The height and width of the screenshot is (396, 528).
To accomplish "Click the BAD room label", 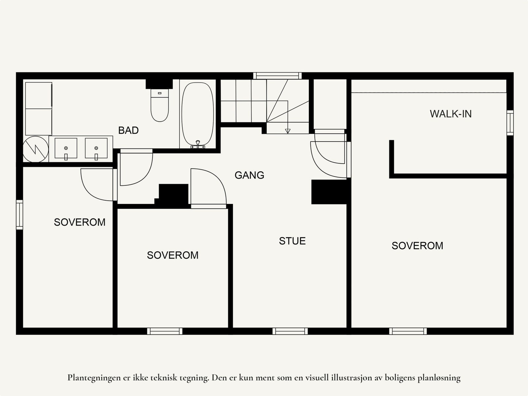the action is (x=128, y=130).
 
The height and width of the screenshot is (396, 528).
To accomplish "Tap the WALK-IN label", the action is (x=450, y=114).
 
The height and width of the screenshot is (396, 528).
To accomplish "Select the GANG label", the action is (x=249, y=175).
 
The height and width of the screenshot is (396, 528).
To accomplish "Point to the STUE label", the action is (x=292, y=241).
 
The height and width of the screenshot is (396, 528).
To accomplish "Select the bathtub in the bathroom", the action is (x=197, y=115).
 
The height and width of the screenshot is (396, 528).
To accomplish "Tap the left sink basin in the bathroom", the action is (x=66, y=148).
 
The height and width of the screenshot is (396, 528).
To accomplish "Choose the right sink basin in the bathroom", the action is (x=96, y=148).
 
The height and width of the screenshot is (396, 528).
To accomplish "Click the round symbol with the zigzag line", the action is (x=36, y=149).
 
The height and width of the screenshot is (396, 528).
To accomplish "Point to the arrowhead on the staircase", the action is (x=288, y=131).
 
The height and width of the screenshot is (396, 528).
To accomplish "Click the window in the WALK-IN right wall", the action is (x=510, y=123).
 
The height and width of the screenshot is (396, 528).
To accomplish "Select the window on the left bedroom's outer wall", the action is (x=19, y=215).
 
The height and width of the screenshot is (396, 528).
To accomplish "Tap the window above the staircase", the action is (x=277, y=76).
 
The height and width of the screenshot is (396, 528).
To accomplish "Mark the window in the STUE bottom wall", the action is (x=290, y=331).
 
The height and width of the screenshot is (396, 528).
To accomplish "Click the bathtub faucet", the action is (x=198, y=144).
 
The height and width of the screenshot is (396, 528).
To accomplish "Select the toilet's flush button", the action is (x=159, y=93).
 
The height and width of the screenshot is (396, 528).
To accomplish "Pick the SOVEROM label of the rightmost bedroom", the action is (x=417, y=246).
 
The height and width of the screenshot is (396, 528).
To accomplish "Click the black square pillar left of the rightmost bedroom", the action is (x=329, y=192).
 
